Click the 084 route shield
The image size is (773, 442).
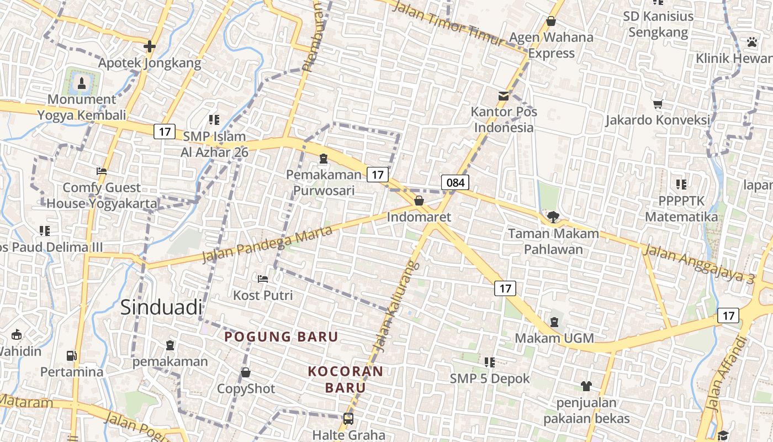455,182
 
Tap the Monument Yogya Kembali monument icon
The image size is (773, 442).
82,83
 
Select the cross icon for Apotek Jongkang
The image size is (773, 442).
149,46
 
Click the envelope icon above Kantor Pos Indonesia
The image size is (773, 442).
503,96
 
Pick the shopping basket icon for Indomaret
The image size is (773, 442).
419,200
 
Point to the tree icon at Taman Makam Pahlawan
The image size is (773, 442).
553,217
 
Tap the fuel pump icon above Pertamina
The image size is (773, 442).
71,355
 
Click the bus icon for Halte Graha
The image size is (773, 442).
348,419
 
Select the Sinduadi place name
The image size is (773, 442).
161,308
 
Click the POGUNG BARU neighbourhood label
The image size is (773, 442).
281,336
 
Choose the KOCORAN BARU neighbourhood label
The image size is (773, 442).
345,379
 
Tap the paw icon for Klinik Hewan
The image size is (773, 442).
751,42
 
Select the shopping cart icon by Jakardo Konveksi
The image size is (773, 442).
658,104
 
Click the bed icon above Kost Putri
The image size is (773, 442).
263,278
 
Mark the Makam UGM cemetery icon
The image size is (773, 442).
554,321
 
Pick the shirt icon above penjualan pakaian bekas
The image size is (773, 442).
586,386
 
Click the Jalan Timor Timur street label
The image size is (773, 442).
448,24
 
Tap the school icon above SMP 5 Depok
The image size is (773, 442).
489,362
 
